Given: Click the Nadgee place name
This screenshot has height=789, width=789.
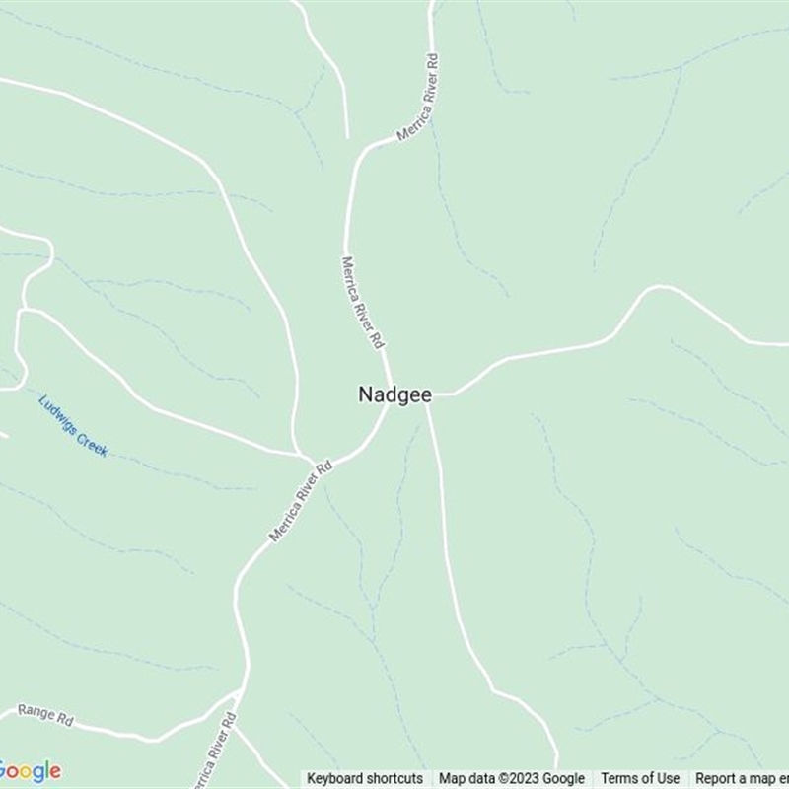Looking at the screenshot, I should pyautogui.click(x=394, y=394).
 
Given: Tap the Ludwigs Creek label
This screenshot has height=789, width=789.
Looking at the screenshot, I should pyautogui.click(x=73, y=425).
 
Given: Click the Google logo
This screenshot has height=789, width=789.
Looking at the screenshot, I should pyautogui.click(x=30, y=771).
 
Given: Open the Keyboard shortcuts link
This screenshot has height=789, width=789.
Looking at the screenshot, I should pyautogui.click(x=365, y=778).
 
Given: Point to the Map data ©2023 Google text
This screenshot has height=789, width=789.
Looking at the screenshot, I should pyautogui.click(x=512, y=778).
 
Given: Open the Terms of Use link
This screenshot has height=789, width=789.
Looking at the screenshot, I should pyautogui.click(x=640, y=778).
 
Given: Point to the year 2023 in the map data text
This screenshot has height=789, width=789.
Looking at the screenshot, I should pyautogui.click(x=524, y=778).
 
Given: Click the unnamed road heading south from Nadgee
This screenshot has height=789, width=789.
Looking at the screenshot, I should pyautogui.click(x=450, y=552).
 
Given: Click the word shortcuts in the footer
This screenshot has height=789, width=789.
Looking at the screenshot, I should pyautogui.click(x=394, y=778).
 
